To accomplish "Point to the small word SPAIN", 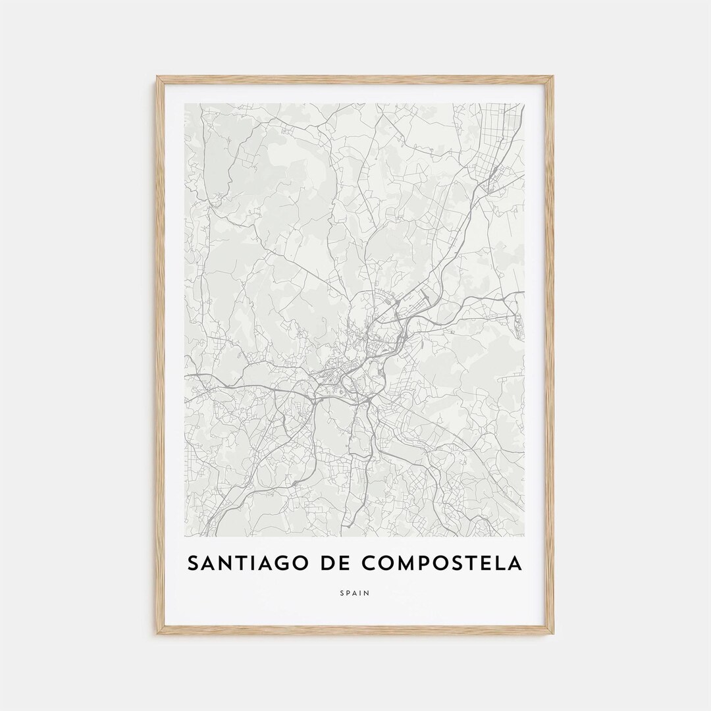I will coord(355,593).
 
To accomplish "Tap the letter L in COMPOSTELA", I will coord(500,564).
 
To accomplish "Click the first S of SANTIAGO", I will coord(194,564).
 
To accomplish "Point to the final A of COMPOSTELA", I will coord(515,564).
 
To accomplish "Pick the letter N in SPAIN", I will coord(367,593).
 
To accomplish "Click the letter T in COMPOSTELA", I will coord(470,564).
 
